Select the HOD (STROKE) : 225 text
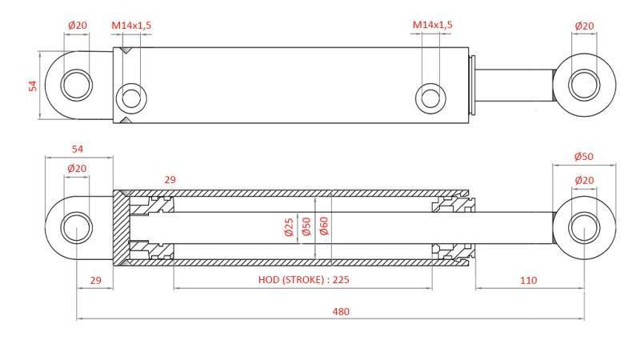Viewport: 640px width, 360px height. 304,280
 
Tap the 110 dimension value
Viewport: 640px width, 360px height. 528,280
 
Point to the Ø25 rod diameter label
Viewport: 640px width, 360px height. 289,228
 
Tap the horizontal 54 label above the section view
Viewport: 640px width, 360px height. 78,150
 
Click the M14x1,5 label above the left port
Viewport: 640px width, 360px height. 131,26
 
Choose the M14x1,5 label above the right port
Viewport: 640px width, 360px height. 432,26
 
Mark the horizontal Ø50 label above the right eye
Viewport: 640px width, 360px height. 584,157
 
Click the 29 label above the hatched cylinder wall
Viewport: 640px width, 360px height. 170,181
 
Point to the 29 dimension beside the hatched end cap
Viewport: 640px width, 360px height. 95,280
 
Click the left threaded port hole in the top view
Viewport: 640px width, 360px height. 131,98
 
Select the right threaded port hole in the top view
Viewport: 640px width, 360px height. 431,98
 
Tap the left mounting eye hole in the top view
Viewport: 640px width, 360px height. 77,84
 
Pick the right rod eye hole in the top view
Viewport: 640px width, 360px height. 584,84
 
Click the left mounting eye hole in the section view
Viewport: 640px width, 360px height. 77,227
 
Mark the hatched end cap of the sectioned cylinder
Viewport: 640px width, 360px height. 120,228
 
